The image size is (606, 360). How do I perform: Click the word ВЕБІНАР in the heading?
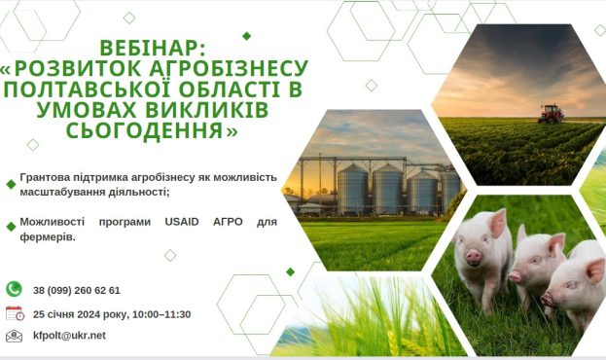click(149, 48)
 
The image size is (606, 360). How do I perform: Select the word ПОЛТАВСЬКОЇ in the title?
click(88, 89)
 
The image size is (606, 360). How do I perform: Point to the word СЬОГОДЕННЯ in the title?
click(145, 130)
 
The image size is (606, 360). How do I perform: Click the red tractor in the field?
click(551, 114)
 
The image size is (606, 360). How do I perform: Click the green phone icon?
click(15, 289)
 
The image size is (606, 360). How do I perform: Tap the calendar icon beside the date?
click(15, 313)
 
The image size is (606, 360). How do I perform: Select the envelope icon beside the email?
click(14, 336)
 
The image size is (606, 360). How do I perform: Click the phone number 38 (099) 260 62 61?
click(77, 290)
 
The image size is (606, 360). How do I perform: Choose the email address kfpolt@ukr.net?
click(69, 336)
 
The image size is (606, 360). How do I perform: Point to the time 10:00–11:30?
click(161, 314)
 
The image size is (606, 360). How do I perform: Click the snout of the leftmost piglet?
click(473, 257)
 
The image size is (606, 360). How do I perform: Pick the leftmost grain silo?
click(352, 189)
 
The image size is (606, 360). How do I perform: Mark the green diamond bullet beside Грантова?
click(12, 185)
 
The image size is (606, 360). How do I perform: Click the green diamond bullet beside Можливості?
click(12, 227)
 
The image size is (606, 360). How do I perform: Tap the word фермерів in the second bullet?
click(48, 237)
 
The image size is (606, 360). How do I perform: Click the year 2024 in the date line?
click(89, 314)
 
